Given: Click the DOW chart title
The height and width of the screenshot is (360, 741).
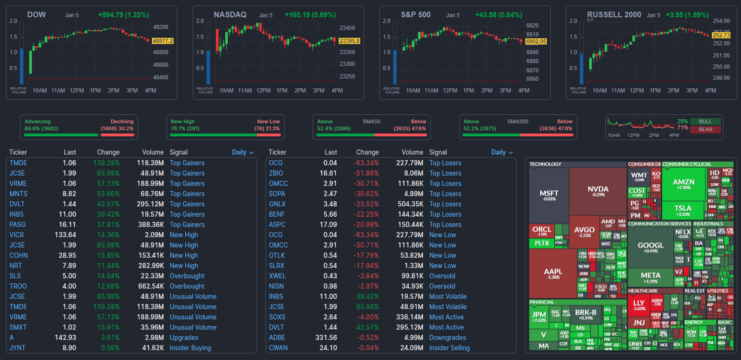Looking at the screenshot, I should coord(36,14).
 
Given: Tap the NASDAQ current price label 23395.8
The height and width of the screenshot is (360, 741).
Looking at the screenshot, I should coord(349,41).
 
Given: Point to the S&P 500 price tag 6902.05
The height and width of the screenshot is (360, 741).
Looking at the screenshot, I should coord(536,42).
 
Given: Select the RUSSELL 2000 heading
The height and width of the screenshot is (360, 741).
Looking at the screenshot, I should coord(614,14).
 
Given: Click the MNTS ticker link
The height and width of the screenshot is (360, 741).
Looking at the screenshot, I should coord(18,194).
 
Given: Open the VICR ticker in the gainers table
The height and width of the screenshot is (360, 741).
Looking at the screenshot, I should coord(16,235).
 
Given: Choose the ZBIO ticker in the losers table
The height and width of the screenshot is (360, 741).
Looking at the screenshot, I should coord(276,173).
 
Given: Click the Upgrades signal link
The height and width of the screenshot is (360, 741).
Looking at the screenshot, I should coord(184,338).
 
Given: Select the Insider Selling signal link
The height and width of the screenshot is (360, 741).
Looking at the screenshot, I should coord(449,348).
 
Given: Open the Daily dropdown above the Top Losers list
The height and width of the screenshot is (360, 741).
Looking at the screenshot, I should coord(502,152).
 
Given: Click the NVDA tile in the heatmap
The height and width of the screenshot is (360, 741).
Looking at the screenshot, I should coord(598,191).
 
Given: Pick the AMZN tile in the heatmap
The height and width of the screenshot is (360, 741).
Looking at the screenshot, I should coord(684,184).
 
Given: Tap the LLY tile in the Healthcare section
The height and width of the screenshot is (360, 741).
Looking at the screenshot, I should coord(639,304).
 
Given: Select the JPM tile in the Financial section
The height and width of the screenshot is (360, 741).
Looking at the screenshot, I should coord(539,316).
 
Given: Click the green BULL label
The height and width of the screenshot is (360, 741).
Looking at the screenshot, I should coord(705,121).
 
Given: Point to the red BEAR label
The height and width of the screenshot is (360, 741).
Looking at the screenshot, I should coord(705,129).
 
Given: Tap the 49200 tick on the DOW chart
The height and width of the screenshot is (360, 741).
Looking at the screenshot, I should coord(161,27).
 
